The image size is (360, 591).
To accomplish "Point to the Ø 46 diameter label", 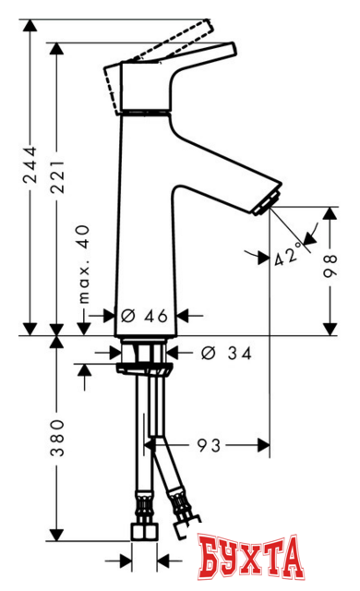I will (143, 316).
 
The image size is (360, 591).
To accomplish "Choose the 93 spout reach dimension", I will (209, 446).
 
